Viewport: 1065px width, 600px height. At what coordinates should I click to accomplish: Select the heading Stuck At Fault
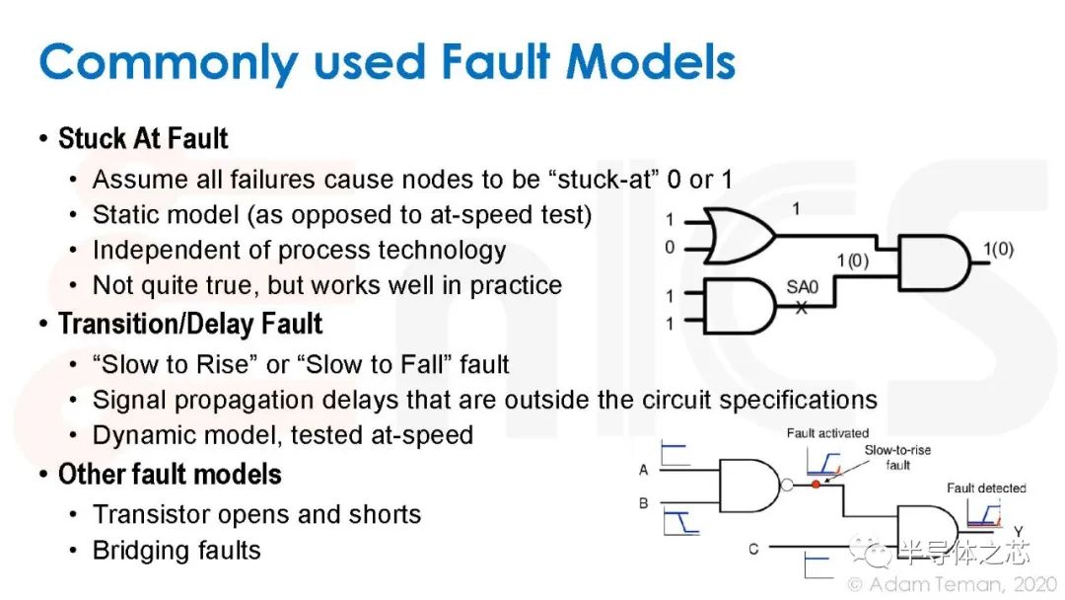[x=143, y=138]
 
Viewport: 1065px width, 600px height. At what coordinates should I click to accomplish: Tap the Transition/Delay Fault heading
[x=190, y=324]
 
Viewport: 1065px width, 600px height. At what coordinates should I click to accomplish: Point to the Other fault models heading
[x=170, y=475]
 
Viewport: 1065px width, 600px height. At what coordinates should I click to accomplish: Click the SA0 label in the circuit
[x=802, y=287]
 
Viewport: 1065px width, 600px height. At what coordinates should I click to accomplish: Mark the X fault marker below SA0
[x=802, y=308]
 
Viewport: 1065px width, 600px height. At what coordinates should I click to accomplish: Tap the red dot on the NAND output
[x=816, y=485]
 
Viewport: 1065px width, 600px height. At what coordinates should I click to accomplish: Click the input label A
[x=643, y=470]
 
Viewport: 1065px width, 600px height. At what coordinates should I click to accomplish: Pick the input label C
[x=753, y=549]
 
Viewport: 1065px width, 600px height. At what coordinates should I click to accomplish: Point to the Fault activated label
[x=827, y=433]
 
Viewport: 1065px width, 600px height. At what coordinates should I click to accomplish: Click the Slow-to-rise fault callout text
[x=897, y=457]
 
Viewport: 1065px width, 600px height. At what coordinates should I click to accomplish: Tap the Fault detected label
[x=986, y=487]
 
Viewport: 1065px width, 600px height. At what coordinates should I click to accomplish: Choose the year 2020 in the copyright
[x=1035, y=584]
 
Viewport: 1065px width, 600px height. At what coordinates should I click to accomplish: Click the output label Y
[x=1018, y=531]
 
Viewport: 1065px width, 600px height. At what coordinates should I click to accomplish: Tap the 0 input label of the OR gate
[x=670, y=248]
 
